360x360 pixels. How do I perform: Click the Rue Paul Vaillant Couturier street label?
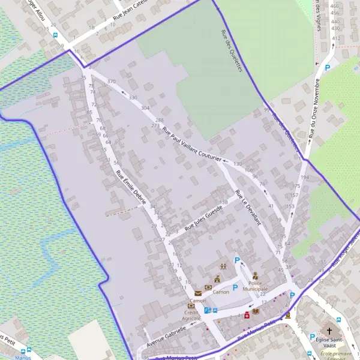click(x=192, y=137)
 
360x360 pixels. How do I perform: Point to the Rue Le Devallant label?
click(x=248, y=208)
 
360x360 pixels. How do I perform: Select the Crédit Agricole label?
click(x=191, y=316)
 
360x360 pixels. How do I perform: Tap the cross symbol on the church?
click(x=329, y=331)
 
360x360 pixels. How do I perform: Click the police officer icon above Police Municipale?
click(x=255, y=276)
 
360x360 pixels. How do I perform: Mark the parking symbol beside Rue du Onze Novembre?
click(x=328, y=68)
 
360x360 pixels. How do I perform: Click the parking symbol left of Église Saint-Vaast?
click(x=312, y=337)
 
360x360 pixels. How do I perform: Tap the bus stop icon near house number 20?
click(x=56, y=35)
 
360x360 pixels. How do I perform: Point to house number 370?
click(x=111, y=81)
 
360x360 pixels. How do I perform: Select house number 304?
click(x=145, y=108)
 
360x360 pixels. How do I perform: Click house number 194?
click(x=305, y=178)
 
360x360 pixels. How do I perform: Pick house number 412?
click(x=335, y=38)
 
